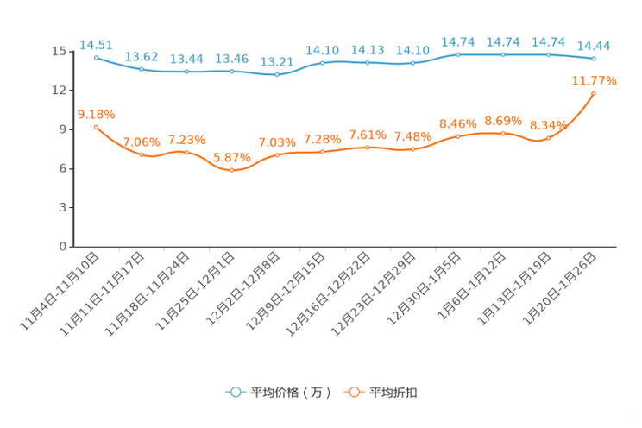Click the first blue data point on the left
click(x=96, y=57)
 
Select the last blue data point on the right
click(x=594, y=59)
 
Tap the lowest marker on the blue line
click(x=276, y=75)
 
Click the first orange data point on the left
click(x=96, y=127)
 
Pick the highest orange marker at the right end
click(x=594, y=92)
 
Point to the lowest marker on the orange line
click(x=231, y=171)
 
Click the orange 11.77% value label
click(x=595, y=80)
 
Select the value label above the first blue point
click(x=95, y=43)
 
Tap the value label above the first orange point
click(x=96, y=114)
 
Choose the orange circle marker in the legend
click(x=353, y=392)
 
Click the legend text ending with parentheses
click(x=291, y=393)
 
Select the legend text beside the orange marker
click(x=394, y=393)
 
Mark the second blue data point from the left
click(x=141, y=69)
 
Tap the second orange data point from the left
click(x=141, y=154)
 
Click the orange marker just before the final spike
click(x=548, y=137)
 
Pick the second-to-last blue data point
click(x=548, y=54)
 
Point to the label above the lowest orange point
click(x=231, y=157)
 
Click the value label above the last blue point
click(x=594, y=46)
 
